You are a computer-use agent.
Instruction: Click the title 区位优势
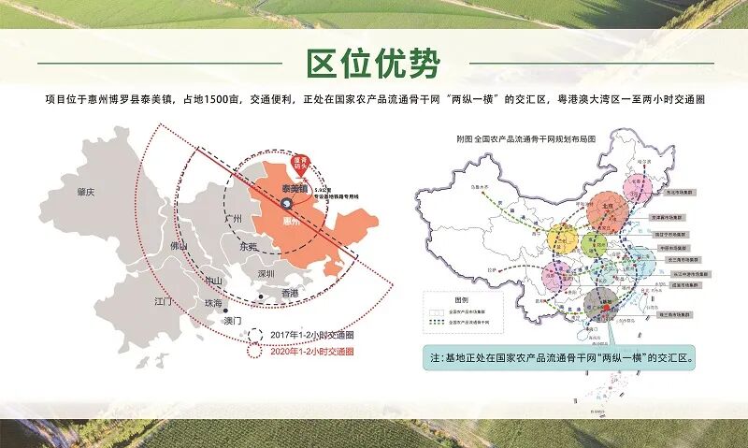click(373, 64)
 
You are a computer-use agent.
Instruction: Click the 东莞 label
click(248, 247)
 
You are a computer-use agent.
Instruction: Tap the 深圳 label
click(266, 274)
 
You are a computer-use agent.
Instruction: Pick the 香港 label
click(289, 294)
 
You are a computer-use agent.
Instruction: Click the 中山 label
click(214, 281)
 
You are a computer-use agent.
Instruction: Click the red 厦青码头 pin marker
click(301, 162)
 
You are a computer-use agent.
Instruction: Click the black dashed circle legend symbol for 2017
click(253, 336)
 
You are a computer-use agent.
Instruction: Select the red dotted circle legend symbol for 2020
click(253, 353)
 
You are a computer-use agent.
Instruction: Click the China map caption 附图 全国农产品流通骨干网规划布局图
click(525, 137)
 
